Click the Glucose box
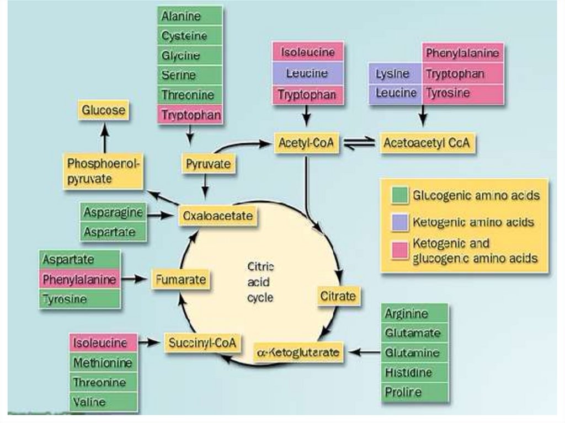[x=104, y=111]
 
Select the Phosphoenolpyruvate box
[x=104, y=171]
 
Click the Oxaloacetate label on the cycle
[x=218, y=216]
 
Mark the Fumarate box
[x=180, y=279]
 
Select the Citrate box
[x=338, y=296]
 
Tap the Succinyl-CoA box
[x=202, y=343]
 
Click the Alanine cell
[x=190, y=17]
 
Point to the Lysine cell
[x=392, y=73]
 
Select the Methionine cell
[x=103, y=363]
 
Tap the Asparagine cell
[x=114, y=212]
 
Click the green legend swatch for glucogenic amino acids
[x=399, y=196]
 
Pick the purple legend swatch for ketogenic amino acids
[x=399, y=222]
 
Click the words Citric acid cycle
[x=260, y=281]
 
